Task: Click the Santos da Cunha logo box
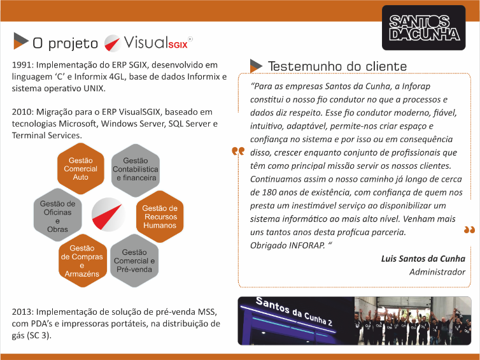[x=424, y=27]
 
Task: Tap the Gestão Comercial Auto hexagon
[x=81, y=168]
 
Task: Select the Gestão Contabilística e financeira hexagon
[x=136, y=170]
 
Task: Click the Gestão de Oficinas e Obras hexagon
[x=57, y=215]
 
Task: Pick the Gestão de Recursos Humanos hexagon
[x=160, y=216]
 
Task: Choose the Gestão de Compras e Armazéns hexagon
[x=82, y=261]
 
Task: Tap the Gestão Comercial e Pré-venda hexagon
[x=134, y=261]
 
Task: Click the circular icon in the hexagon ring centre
[x=108, y=215]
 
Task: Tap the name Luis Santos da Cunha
[x=423, y=259]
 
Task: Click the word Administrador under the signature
[x=437, y=272]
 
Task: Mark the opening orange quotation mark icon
[x=238, y=151]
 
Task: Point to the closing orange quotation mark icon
[x=469, y=230]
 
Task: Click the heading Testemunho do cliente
[x=337, y=66]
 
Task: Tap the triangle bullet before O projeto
[x=21, y=41]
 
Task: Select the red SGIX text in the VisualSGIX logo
[x=178, y=45]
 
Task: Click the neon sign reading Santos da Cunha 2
[x=294, y=312]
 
